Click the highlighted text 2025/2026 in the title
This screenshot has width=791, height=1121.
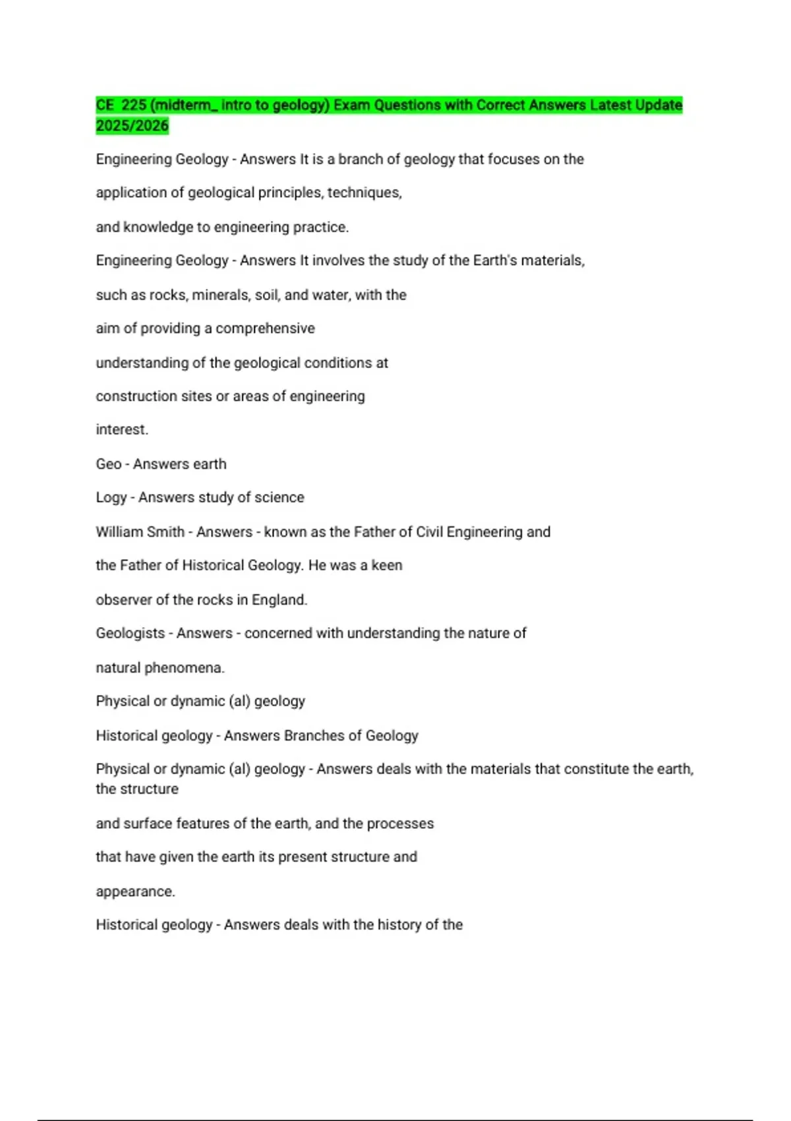click(x=132, y=125)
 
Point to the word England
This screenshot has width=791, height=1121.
click(x=279, y=599)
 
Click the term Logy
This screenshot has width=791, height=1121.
click(x=111, y=497)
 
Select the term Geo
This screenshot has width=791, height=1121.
click(x=108, y=464)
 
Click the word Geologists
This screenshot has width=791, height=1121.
click(x=130, y=633)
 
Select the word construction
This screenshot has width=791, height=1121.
click(x=136, y=396)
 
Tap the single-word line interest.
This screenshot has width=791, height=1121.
click(x=122, y=429)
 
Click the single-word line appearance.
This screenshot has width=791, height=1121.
click(x=135, y=892)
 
